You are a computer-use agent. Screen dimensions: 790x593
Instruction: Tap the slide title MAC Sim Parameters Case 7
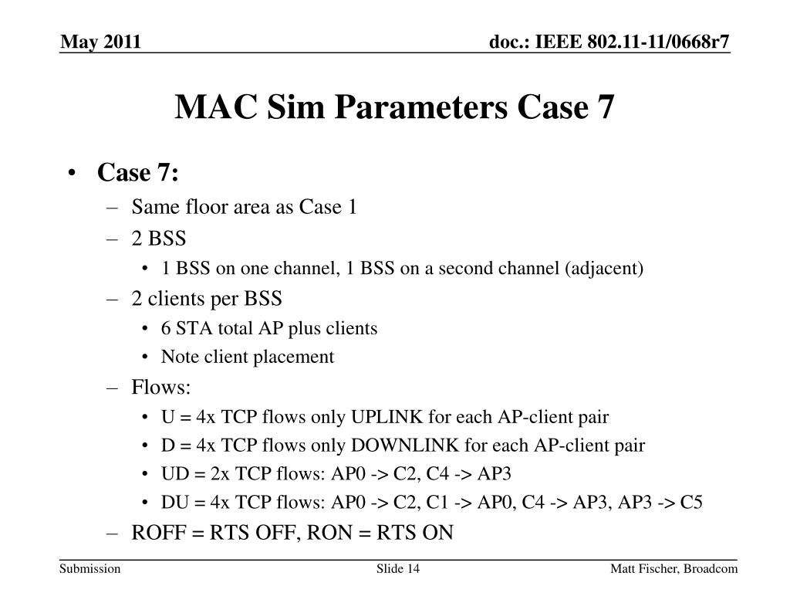click(395, 107)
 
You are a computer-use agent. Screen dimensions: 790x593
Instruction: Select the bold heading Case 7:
click(138, 174)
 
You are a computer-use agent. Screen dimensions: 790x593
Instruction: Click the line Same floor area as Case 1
click(244, 207)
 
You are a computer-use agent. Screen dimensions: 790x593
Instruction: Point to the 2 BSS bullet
click(158, 237)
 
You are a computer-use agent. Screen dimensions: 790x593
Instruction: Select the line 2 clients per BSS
click(207, 298)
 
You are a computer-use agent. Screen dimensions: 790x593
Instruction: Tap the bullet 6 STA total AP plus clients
click(269, 328)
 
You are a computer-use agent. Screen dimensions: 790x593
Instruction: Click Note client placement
click(248, 357)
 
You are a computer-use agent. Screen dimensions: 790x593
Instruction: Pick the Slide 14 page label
click(397, 569)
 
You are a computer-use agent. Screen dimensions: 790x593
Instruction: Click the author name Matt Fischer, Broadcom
click(674, 569)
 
